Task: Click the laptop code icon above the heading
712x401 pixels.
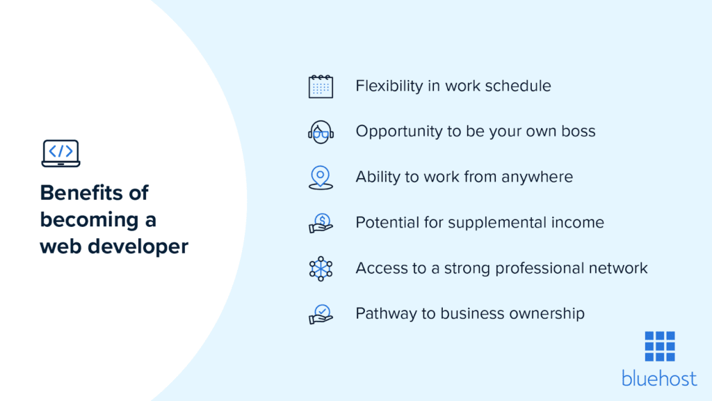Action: [60, 153]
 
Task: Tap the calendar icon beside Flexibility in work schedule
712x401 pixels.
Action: [321, 86]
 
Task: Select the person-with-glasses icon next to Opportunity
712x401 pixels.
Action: [321, 132]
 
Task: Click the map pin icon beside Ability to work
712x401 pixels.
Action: [321, 177]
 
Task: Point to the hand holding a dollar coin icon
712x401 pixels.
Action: [321, 223]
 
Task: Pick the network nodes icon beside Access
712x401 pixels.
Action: [321, 268]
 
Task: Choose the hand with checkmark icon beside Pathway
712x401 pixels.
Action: [321, 314]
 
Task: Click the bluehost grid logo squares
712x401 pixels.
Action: [659, 347]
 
